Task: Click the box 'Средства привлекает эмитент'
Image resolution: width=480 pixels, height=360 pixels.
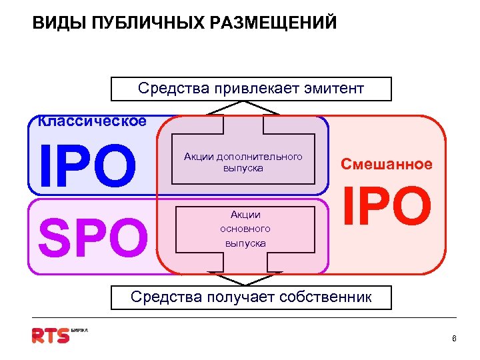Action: [251, 89]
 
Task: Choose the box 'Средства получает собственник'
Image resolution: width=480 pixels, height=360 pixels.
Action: [251, 297]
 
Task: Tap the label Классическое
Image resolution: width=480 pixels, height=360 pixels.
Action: [92, 121]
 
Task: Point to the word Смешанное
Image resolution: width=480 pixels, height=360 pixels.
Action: [387, 164]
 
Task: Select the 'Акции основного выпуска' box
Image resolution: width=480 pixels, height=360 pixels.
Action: [245, 229]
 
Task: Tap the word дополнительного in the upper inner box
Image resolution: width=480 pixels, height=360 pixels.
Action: [260, 157]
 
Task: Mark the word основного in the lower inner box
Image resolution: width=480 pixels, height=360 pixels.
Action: [245, 229]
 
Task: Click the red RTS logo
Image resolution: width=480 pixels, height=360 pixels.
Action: [51, 335]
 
